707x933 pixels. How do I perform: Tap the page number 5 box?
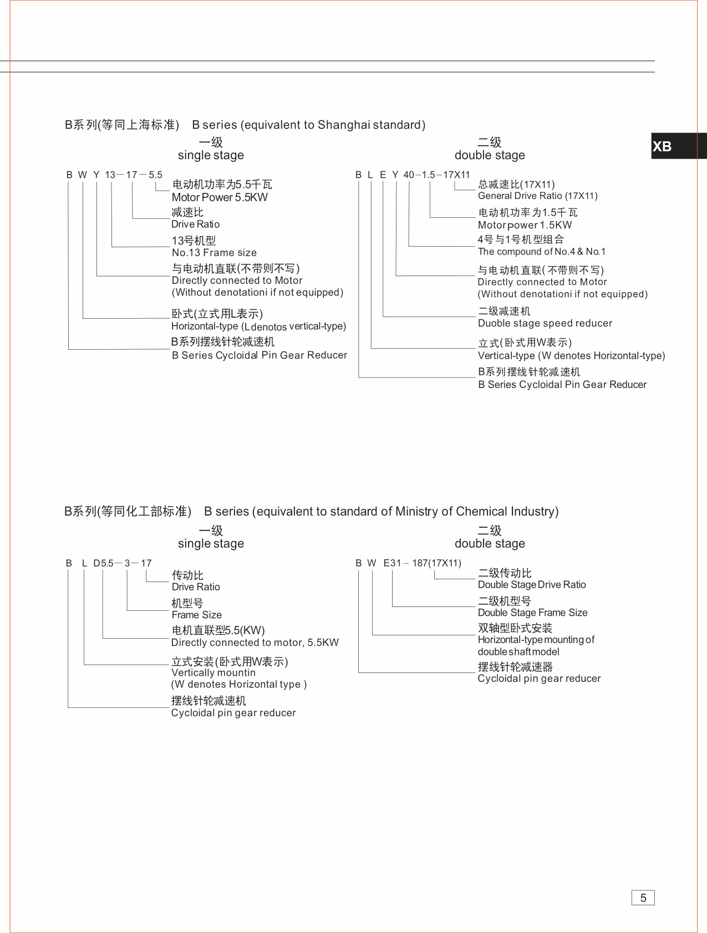click(x=643, y=898)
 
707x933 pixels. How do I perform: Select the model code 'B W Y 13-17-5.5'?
click(x=114, y=175)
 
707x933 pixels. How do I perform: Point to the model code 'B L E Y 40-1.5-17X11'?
click(x=412, y=175)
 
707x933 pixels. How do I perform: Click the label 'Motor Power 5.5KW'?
click(x=220, y=197)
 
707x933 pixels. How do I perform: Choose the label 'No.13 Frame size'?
click(x=214, y=253)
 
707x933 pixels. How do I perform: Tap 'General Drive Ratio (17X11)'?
click(x=537, y=196)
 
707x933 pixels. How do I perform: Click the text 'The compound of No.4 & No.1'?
click(x=541, y=252)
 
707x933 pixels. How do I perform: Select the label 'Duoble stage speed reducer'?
click(x=545, y=323)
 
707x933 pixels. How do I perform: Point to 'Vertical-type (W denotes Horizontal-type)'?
click(x=571, y=355)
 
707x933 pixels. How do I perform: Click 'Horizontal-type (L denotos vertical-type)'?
click(x=258, y=327)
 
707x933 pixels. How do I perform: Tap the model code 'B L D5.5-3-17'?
click(x=109, y=563)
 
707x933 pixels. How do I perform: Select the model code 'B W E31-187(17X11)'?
click(x=408, y=563)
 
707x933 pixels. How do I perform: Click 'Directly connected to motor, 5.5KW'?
click(x=255, y=643)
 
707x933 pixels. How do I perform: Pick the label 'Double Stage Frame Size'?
click(x=532, y=613)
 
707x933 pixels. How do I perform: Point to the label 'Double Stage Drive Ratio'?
click(x=531, y=584)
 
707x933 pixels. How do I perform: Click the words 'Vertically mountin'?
click(x=213, y=672)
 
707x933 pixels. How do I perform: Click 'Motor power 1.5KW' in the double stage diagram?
click(x=525, y=225)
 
